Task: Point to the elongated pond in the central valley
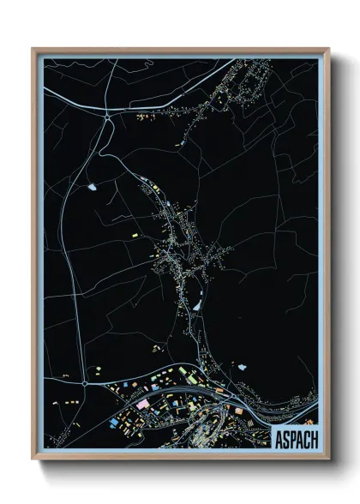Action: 196,303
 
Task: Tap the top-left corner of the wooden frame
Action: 33,49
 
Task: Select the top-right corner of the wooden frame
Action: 328,49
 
